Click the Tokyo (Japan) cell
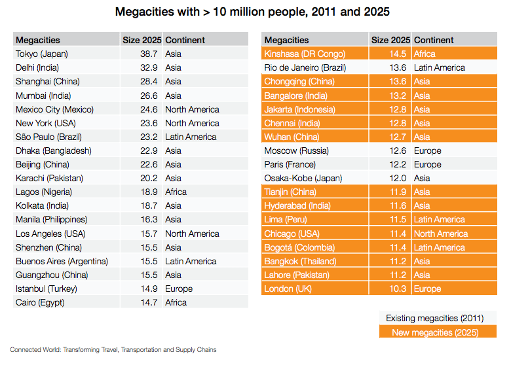[42, 54]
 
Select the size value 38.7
[149, 54]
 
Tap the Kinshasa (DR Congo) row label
[305, 54]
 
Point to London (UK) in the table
[288, 288]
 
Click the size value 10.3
[398, 288]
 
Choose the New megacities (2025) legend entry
[435, 332]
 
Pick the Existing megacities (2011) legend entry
[435, 318]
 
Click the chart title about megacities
[252, 12]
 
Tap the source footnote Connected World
[113, 350]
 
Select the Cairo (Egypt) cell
[40, 303]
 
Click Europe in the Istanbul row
[179, 288]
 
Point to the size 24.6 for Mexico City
[149, 109]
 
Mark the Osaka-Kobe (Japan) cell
[303, 179]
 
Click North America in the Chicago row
[441, 234]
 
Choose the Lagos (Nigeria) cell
[44, 192]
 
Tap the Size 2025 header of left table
[142, 40]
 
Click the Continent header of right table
[434, 40]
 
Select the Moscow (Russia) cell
[297, 150]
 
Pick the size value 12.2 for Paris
[398, 164]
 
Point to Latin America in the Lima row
[440, 219]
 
